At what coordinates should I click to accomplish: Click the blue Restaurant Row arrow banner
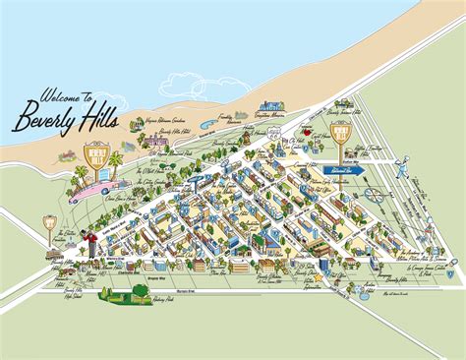[344, 170]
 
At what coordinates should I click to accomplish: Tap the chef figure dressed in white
[402, 162]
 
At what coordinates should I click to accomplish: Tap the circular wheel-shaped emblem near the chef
[374, 194]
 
